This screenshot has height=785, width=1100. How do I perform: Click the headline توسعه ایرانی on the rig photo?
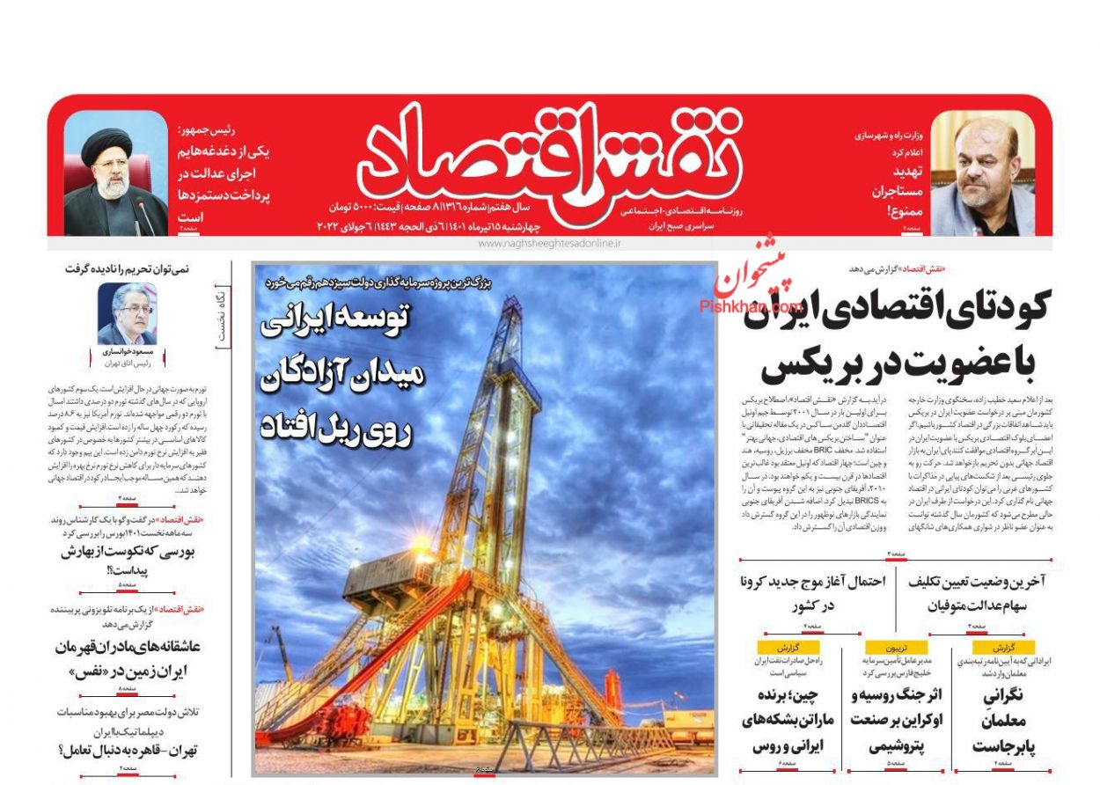coord(334,322)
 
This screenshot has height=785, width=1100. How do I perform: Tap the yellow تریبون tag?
coord(896,647)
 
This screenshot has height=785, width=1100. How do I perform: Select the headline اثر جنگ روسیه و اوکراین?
coord(897,721)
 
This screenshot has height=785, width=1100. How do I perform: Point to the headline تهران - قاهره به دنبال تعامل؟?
coord(128,751)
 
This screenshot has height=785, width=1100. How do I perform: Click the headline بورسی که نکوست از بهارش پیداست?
coord(128,561)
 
